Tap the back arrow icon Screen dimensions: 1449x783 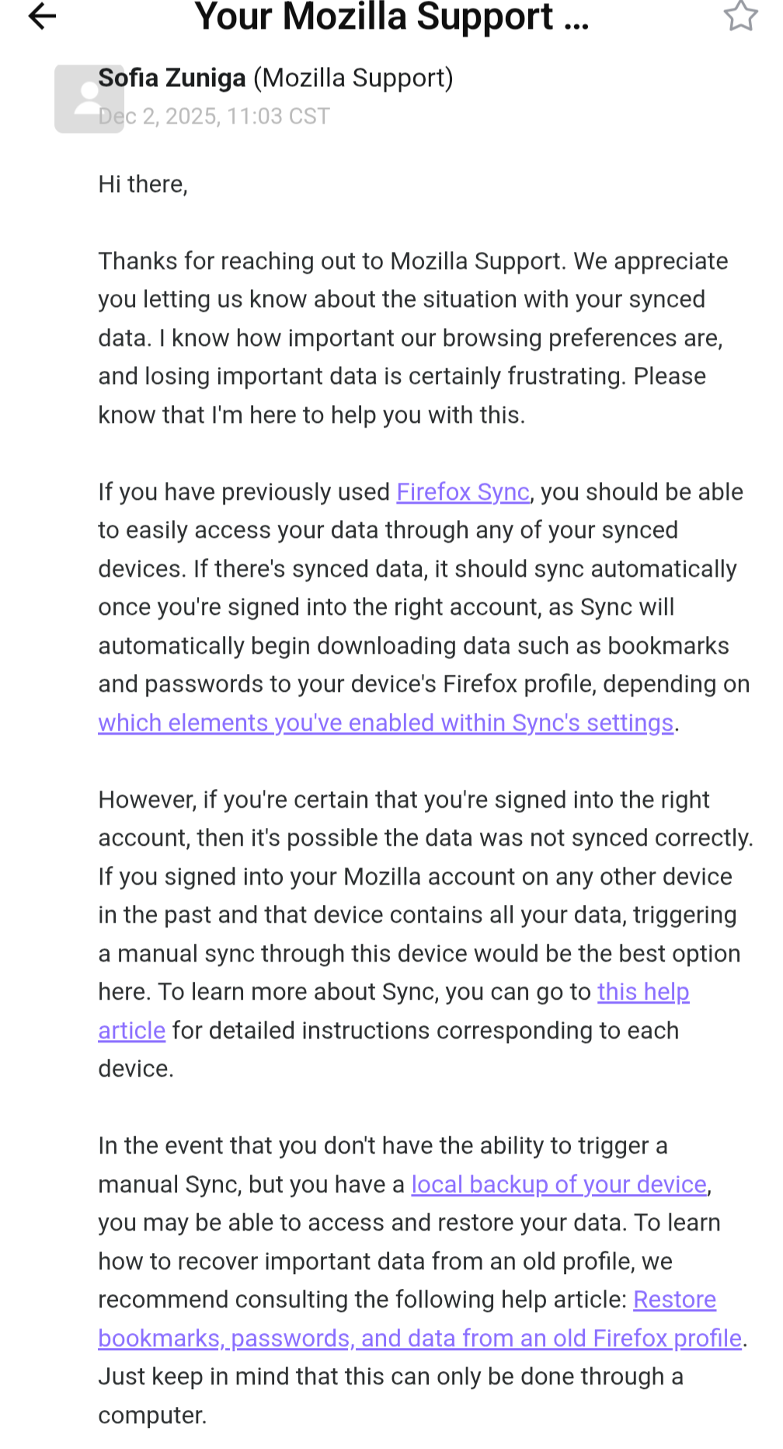pyautogui.click(x=43, y=16)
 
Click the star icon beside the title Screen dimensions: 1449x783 pyautogui.click(x=740, y=16)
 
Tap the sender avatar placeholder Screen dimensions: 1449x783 pyautogui.click(x=89, y=99)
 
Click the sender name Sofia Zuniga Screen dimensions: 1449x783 pyautogui.click(x=172, y=79)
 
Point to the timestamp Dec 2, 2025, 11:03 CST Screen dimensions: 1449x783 pyautogui.click(x=214, y=117)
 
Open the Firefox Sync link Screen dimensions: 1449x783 pyautogui.click(x=463, y=492)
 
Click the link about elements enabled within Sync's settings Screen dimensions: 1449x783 pyautogui.click(x=385, y=723)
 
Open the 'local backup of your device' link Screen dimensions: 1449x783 pyautogui.click(x=559, y=1185)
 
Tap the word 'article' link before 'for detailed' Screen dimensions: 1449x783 pyautogui.click(x=131, y=1031)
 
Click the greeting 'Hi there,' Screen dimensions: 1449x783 pyautogui.click(x=143, y=184)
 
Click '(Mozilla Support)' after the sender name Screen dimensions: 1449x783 pyautogui.click(x=353, y=79)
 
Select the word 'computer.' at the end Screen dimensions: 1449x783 pyautogui.click(x=152, y=1416)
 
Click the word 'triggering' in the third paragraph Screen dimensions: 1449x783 pyautogui.click(x=684, y=915)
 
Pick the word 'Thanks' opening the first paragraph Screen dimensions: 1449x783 pyautogui.click(x=137, y=261)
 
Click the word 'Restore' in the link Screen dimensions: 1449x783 pyautogui.click(x=674, y=1300)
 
